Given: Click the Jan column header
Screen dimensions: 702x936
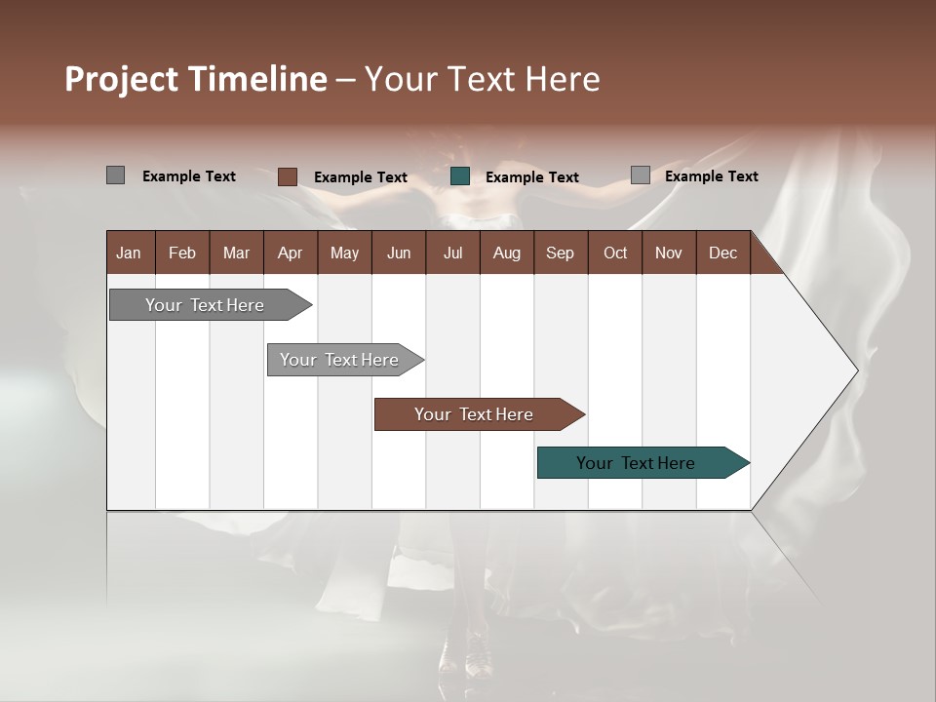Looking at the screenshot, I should click(x=129, y=253).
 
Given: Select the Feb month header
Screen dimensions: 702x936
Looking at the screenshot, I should click(x=182, y=253).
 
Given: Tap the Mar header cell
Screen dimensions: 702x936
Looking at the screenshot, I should click(x=236, y=253).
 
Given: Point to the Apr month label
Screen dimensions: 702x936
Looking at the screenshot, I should click(x=290, y=253).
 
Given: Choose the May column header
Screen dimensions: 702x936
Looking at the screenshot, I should click(x=344, y=253).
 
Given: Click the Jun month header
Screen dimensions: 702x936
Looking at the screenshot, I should click(x=399, y=253).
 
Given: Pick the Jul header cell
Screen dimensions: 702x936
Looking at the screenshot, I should click(x=452, y=253).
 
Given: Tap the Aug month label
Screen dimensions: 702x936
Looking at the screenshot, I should click(x=507, y=253).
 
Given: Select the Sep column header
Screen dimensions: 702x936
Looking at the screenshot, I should click(x=560, y=253).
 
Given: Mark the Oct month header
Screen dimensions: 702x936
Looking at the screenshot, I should click(x=615, y=253).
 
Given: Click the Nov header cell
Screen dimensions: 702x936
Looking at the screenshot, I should click(x=669, y=253).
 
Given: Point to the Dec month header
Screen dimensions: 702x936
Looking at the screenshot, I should click(x=722, y=253).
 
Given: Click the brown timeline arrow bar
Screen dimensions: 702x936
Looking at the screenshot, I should click(x=475, y=414).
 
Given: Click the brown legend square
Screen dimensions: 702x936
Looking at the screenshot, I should click(x=288, y=176).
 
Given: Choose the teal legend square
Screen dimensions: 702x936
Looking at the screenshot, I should click(x=460, y=176).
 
